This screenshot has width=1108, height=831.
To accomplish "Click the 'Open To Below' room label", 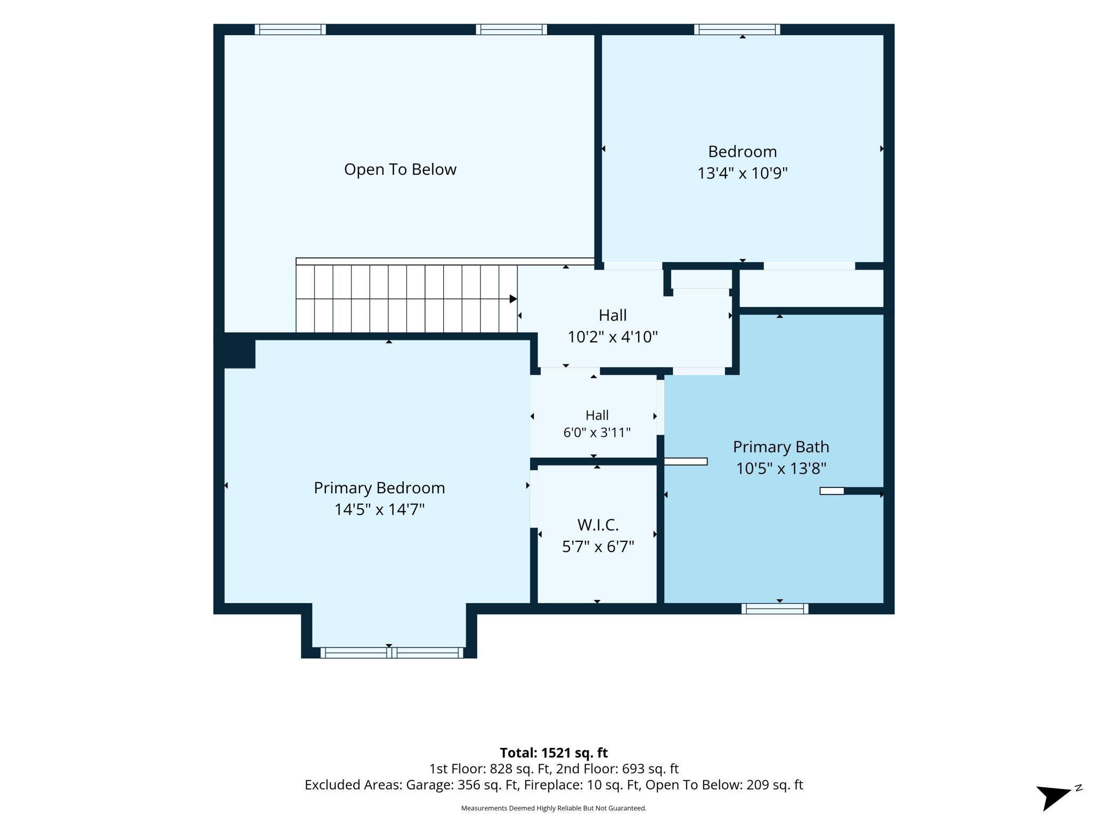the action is click(400, 169).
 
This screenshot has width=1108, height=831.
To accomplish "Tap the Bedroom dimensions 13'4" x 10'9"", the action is click(743, 173).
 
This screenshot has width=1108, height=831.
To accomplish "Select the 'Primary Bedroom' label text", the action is click(379, 488).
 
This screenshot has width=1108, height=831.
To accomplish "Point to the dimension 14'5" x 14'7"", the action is click(379, 510).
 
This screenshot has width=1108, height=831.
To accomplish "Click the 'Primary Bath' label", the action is click(781, 447).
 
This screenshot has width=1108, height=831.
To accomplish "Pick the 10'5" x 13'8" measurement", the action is click(781, 469).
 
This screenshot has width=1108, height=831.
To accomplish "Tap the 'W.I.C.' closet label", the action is click(598, 525).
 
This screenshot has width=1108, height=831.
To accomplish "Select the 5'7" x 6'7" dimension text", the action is click(598, 547).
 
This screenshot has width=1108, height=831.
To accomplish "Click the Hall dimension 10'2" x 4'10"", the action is click(613, 337).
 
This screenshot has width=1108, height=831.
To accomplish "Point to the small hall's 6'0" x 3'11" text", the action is click(597, 433).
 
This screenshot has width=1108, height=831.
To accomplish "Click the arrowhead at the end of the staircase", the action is click(514, 299).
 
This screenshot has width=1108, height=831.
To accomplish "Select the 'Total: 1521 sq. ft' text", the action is click(553, 753).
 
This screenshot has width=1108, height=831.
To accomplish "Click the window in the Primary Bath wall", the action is click(775, 609).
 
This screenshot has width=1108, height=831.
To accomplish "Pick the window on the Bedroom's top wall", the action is click(737, 29).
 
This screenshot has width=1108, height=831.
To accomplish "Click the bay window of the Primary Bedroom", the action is click(392, 653).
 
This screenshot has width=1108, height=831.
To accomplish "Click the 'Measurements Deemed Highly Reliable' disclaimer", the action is click(553, 808).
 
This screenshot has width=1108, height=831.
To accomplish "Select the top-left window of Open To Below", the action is click(290, 29).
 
